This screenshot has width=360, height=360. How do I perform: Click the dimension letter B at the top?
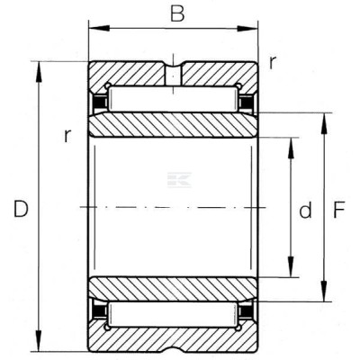[x=177, y=14]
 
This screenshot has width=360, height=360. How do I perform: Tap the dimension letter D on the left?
[x=21, y=209]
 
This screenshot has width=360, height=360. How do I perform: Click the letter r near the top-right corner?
[x=272, y=63]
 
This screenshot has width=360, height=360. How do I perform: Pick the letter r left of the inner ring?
[x=68, y=136]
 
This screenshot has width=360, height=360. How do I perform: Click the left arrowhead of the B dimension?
[x=99, y=28]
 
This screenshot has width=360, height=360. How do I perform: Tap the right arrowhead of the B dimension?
[x=247, y=29]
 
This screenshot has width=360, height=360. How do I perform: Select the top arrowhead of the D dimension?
[x=39, y=72]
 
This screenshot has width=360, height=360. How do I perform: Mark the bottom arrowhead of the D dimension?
[x=39, y=341]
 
